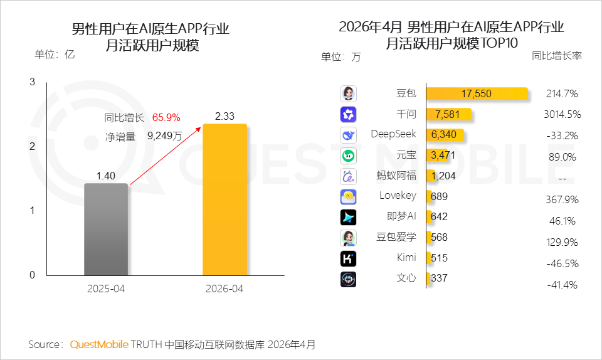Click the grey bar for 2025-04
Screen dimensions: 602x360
(x=106, y=229)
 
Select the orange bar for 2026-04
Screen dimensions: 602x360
(x=224, y=199)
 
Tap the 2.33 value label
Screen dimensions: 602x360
(x=224, y=116)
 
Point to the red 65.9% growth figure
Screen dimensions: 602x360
(x=166, y=117)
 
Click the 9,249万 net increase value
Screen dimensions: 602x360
(x=165, y=135)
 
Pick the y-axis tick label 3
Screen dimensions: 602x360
(x=32, y=82)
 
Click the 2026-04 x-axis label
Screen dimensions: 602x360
(x=224, y=289)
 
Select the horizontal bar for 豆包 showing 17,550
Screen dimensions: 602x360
(x=477, y=93)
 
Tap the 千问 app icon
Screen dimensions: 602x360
(x=348, y=114)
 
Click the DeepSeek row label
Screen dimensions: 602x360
(x=393, y=134)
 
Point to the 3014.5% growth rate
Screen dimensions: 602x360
(x=562, y=114)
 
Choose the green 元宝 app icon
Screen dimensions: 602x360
(x=348, y=156)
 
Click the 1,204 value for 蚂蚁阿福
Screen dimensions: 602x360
(x=443, y=176)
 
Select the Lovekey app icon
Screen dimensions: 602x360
(x=348, y=197)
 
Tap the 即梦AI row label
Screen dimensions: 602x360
(x=401, y=216)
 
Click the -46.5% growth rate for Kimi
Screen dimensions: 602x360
(x=562, y=263)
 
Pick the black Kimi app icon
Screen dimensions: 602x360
(x=348, y=258)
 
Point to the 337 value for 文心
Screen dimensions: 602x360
(x=439, y=278)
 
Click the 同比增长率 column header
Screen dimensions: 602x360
(x=557, y=56)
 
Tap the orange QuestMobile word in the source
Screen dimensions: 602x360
(x=99, y=344)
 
